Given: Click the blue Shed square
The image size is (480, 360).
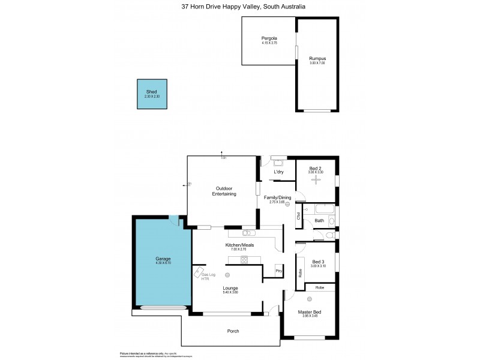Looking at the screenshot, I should click(x=152, y=94).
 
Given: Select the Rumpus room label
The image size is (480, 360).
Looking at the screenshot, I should click(x=317, y=58).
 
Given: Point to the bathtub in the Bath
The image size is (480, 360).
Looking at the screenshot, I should click(x=318, y=209).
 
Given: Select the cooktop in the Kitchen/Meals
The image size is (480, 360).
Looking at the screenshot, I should click(x=244, y=259).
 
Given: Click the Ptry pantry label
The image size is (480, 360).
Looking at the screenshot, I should click(x=278, y=271).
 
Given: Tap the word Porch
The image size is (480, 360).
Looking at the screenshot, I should click(x=233, y=331).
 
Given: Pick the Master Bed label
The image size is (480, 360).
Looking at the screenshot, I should click(x=310, y=311).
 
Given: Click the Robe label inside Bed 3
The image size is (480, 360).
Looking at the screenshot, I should click(x=300, y=272).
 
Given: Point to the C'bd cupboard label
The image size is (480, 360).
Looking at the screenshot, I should click(x=298, y=217).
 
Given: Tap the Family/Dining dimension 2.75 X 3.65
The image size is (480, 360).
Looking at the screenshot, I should click(x=276, y=203).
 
